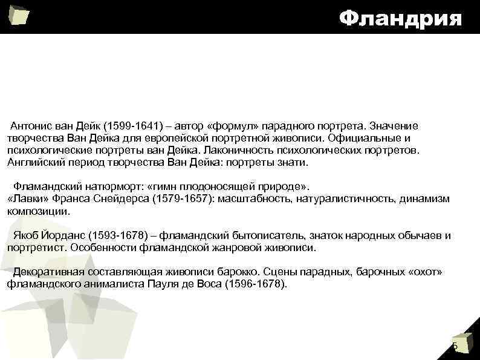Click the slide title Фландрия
400,18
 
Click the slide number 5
455,346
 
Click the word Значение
394,126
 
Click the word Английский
31,163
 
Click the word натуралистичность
332,199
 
